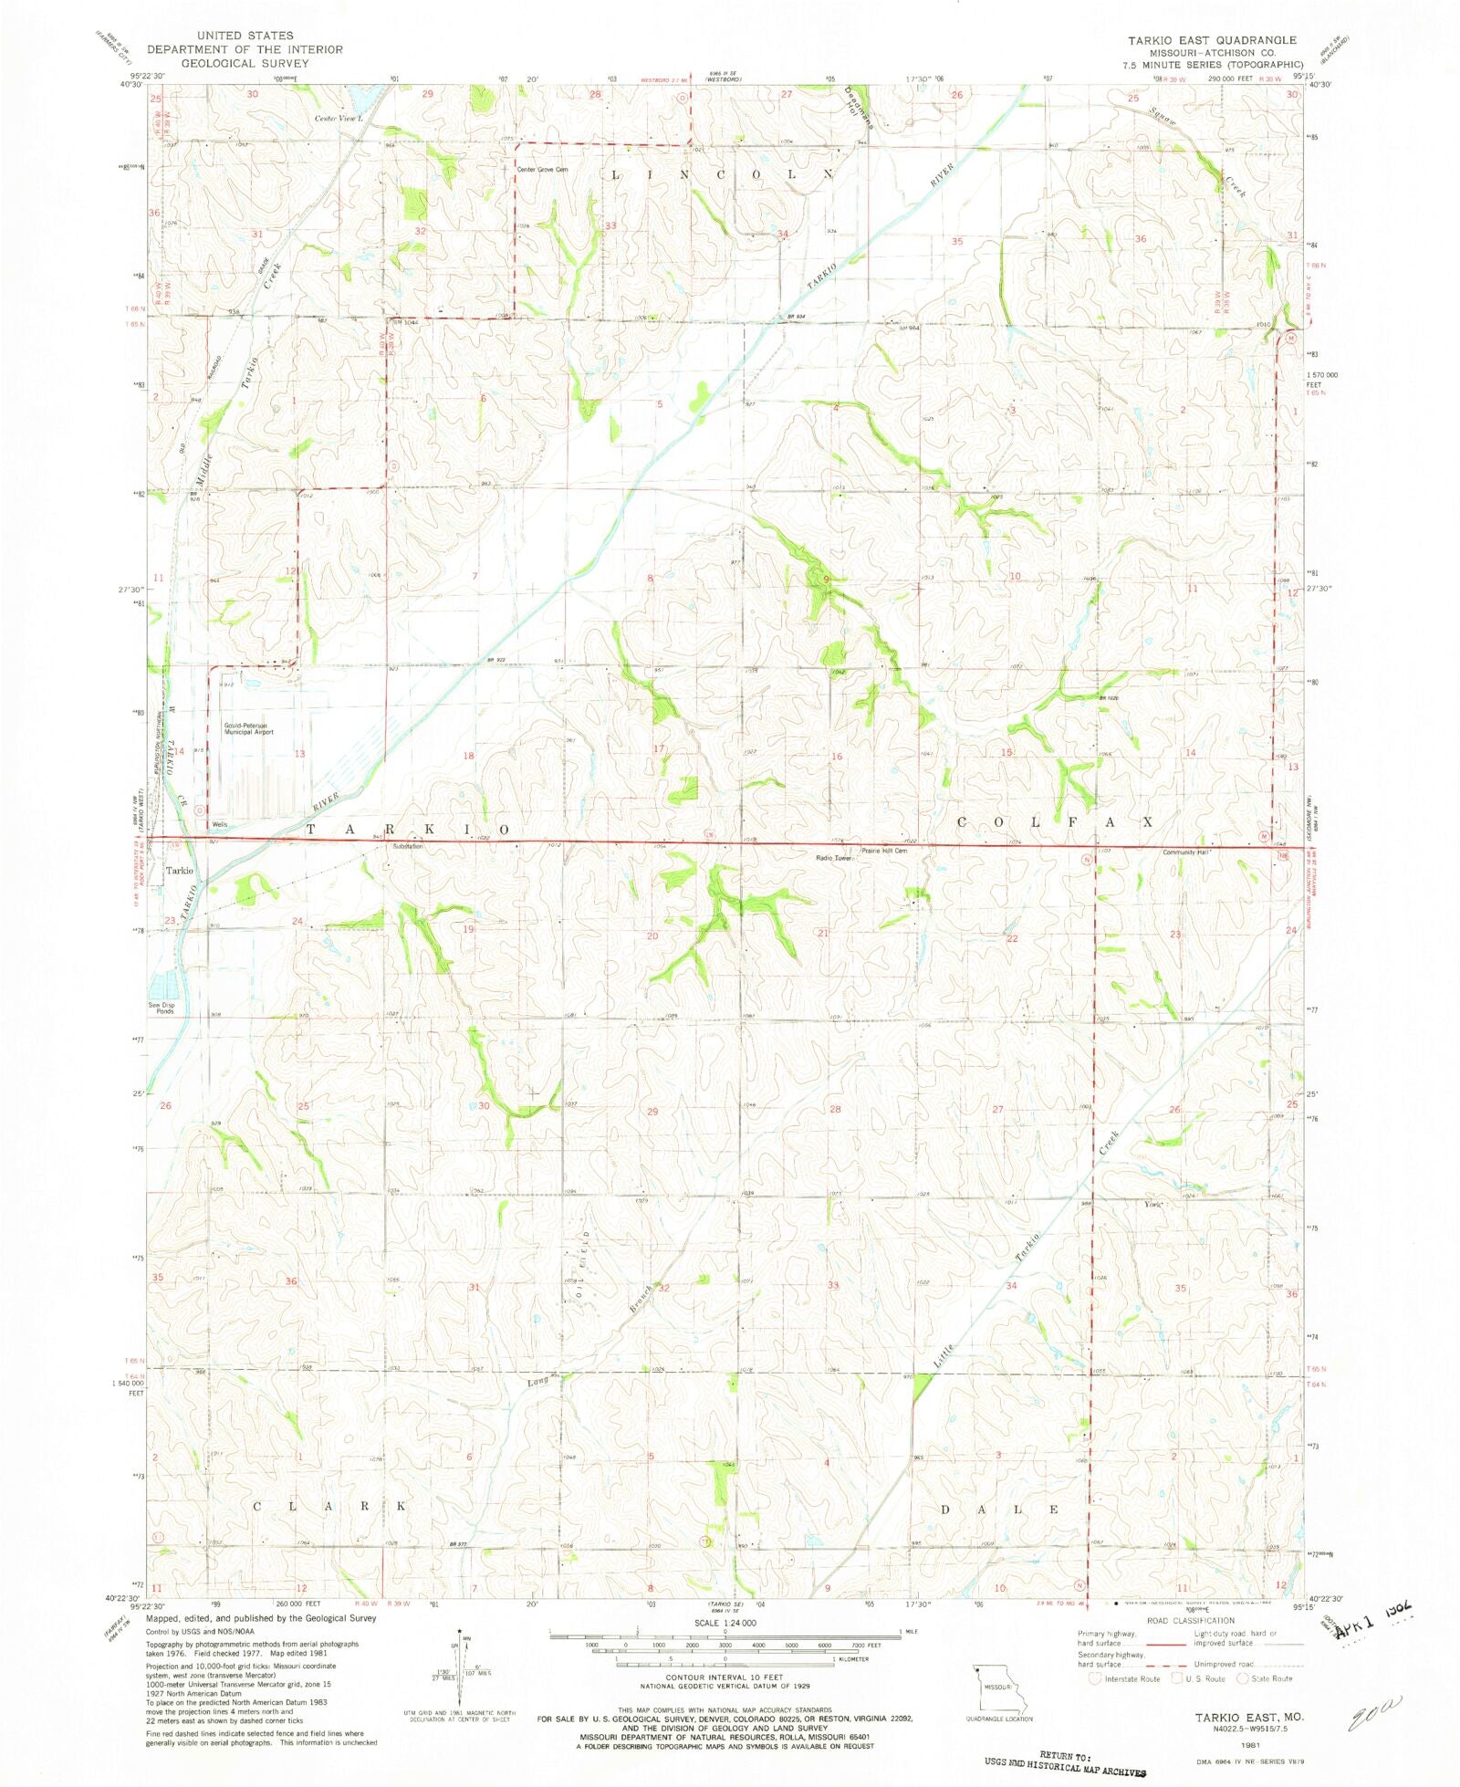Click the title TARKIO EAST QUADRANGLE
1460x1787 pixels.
pyautogui.click(x=1211, y=40)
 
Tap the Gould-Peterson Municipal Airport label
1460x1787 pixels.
pyautogui.click(x=248, y=728)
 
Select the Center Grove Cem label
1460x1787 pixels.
pyautogui.click(x=542, y=170)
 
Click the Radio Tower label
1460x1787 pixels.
pyautogui.click(x=833, y=858)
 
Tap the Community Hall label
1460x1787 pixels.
pyautogui.click(x=1184, y=852)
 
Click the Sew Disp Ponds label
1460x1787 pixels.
pyautogui.click(x=163, y=1008)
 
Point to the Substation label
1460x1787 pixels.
pyautogui.click(x=407, y=847)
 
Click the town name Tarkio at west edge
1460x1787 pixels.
pyautogui.click(x=179, y=871)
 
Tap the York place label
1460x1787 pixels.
pyautogui.click(x=1153, y=1204)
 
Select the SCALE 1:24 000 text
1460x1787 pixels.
pyautogui.click(x=725, y=1623)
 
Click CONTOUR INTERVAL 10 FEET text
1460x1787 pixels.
pyautogui.click(x=725, y=1677)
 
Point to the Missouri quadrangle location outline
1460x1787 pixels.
pyautogui.click(x=999, y=1689)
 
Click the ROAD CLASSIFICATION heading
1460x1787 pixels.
pyautogui.click(x=1191, y=1621)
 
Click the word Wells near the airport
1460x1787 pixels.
pyautogui.click(x=219, y=824)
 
